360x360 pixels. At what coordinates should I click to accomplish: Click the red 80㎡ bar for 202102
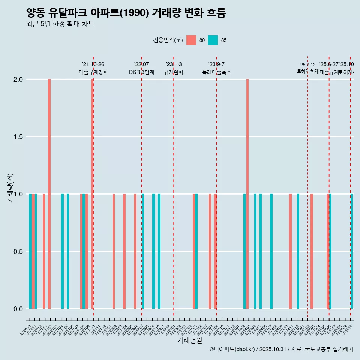pyautogui.click(x=49, y=194)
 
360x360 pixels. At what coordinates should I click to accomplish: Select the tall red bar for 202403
pyautogui.click(x=247, y=194)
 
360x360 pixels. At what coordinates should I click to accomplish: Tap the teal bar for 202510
pyautogui.click(x=352, y=251)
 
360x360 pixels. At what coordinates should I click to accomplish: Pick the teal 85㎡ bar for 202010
pyautogui.click(x=30, y=251)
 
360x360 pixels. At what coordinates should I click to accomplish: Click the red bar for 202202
pyautogui.click(x=114, y=251)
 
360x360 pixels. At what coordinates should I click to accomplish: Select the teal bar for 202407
pyautogui.click(x=271, y=251)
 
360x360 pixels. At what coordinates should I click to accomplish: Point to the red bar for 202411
pyautogui.click(x=290, y=251)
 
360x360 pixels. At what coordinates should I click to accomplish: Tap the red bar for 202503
pyautogui.click(x=312, y=251)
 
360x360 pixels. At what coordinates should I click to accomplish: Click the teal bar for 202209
pyautogui.click(x=153, y=251)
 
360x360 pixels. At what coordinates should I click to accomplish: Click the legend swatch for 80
pyautogui.click(x=191, y=40)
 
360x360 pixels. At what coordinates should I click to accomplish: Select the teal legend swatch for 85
pyautogui.click(x=213, y=40)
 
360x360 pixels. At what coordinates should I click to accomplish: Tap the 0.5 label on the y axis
pyautogui.click(x=18, y=251)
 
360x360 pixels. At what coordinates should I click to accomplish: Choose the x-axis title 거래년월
pyautogui.click(x=189, y=340)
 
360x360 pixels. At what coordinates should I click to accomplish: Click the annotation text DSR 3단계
pyautogui.click(x=141, y=72)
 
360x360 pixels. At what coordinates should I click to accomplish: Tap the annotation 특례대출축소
pyautogui.click(x=216, y=72)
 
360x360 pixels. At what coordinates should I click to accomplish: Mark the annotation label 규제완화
pyautogui.click(x=174, y=72)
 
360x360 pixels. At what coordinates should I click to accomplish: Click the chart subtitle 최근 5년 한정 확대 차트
pyautogui.click(x=60, y=24)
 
